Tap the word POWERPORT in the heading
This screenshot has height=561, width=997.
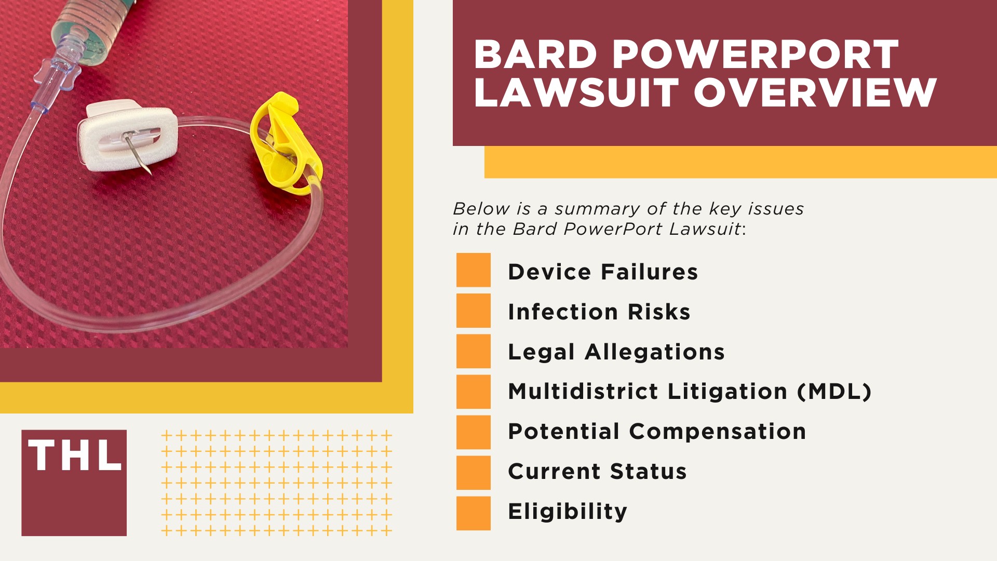coord(756,55)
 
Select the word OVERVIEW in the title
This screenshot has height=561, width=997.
coord(815,94)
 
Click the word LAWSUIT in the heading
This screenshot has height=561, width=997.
coord(576,94)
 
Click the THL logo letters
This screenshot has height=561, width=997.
coord(75,456)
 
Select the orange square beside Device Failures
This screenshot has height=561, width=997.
coord(473,270)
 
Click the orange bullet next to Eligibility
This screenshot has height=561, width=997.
coord(473,513)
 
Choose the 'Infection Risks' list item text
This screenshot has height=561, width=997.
coord(599,312)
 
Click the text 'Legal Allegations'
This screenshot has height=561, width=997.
coord(616,352)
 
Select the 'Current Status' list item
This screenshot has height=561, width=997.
coord(597,471)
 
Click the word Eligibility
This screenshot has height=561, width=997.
coord(568,511)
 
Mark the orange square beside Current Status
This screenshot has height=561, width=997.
coord(473,473)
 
